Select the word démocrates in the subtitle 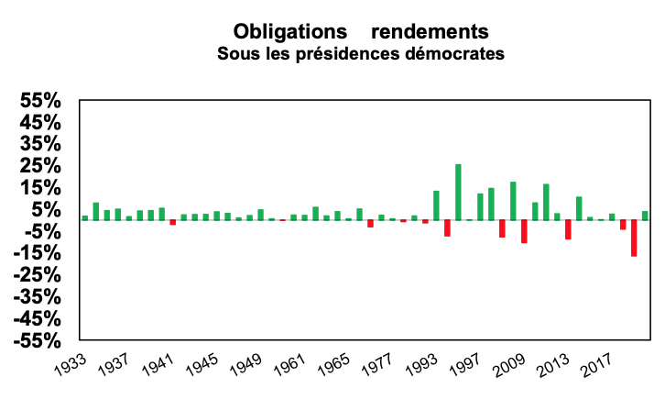click(457, 53)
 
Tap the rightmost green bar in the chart click(645, 216)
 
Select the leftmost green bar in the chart click(85, 217)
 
